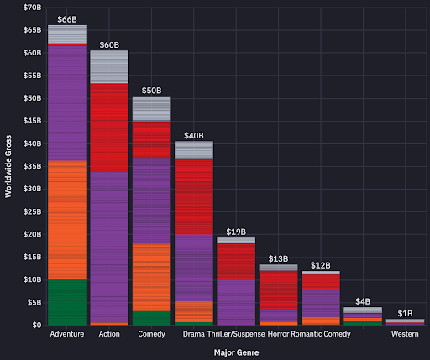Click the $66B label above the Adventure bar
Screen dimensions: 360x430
pyautogui.click(x=66, y=18)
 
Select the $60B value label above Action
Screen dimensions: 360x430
pyautogui.click(x=109, y=44)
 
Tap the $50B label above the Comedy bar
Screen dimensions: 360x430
pyautogui.click(x=151, y=89)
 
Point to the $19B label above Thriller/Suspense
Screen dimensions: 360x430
pyautogui.click(x=236, y=231)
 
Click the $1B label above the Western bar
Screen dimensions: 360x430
pyautogui.click(x=405, y=313)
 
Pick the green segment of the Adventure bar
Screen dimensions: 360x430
pyautogui.click(x=66, y=302)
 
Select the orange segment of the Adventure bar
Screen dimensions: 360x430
pyautogui.click(x=66, y=220)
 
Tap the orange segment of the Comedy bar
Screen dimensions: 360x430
pyautogui.click(x=151, y=277)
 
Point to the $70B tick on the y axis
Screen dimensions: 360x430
pyautogui.click(x=31, y=8)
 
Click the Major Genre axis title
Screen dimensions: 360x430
pyautogui.click(x=236, y=352)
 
